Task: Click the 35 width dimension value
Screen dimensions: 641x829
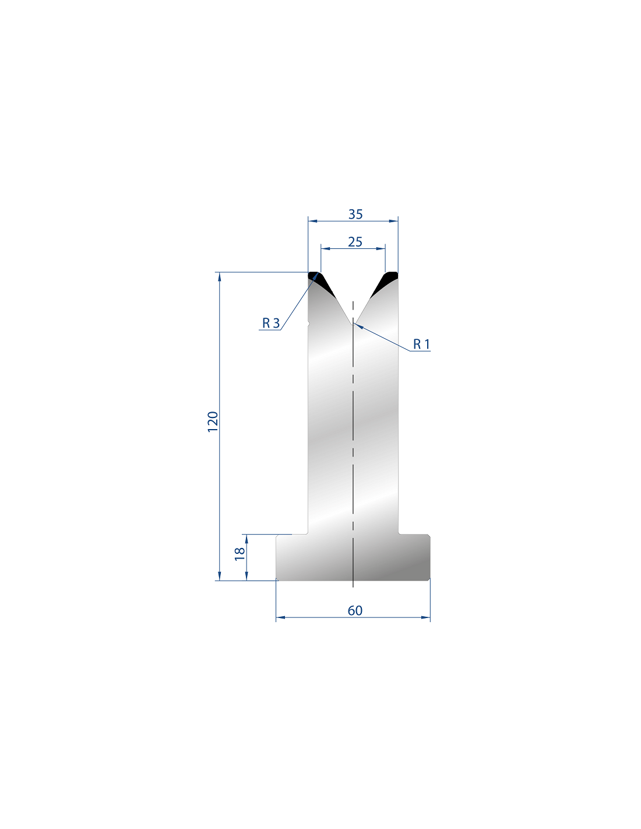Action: (x=355, y=215)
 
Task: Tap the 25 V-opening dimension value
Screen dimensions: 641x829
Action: (x=355, y=242)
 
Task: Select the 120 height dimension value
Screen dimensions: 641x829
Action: (x=213, y=421)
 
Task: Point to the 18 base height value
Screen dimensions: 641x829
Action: (x=240, y=554)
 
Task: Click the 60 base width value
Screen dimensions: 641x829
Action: (x=355, y=611)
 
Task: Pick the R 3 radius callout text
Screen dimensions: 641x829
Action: (x=271, y=323)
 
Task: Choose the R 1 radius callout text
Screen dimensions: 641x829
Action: (x=421, y=344)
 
